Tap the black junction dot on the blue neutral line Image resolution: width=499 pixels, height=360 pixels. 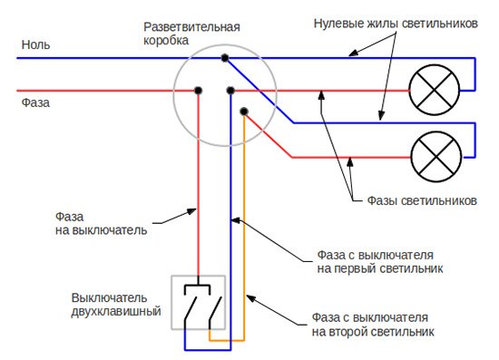(x=223, y=58)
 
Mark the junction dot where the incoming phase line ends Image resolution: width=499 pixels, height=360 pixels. (x=198, y=91)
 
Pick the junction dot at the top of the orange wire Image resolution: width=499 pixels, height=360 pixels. (x=243, y=112)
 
